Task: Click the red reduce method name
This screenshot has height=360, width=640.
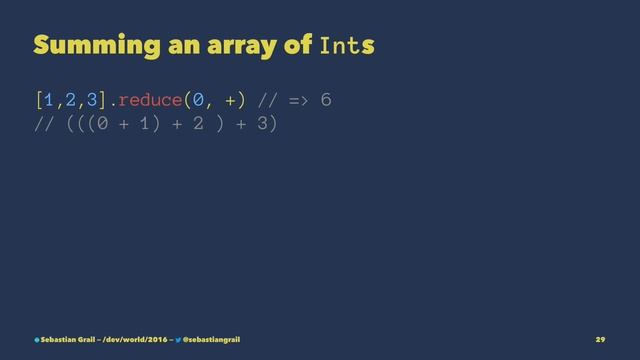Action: coord(156,99)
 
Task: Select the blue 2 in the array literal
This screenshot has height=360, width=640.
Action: coord(73,99)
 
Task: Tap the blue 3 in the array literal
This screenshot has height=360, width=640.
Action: coord(95,99)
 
